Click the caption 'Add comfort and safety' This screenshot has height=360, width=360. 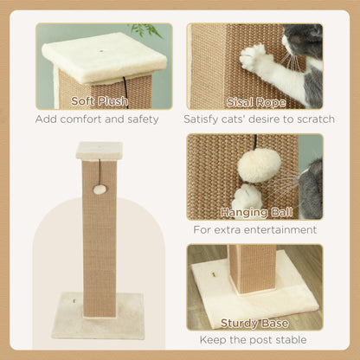[x=97, y=119]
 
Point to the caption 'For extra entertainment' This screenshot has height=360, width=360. [x=254, y=230]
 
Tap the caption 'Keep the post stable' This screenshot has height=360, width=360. [x=254, y=340]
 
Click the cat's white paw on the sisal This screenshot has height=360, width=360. [x=256, y=58]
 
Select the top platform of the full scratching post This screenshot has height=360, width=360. [x=99, y=151]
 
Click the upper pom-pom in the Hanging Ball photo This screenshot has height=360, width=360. [x=260, y=164]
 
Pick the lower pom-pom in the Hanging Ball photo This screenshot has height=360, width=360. [x=247, y=196]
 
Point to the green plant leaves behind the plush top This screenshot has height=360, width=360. [x=147, y=31]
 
